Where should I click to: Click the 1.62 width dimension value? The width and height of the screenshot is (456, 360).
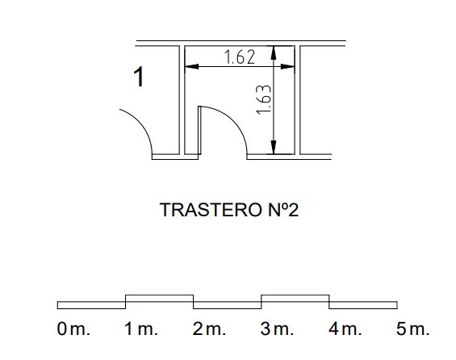pyautogui.click(x=240, y=57)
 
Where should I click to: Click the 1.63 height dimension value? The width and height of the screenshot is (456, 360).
pyautogui.click(x=264, y=100)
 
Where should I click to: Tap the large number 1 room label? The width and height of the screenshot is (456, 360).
pyautogui.click(x=139, y=77)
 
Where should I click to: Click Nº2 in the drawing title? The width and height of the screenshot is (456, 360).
pyautogui.click(x=283, y=210)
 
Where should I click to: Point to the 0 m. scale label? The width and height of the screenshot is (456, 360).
pyautogui.click(x=73, y=329)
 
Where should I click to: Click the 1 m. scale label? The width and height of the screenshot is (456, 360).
pyautogui.click(x=141, y=329)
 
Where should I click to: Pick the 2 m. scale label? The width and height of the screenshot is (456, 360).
pyautogui.click(x=209, y=329)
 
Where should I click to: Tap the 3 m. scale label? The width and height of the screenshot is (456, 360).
pyautogui.click(x=277, y=329)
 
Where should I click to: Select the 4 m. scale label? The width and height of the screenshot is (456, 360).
pyautogui.click(x=345, y=329)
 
